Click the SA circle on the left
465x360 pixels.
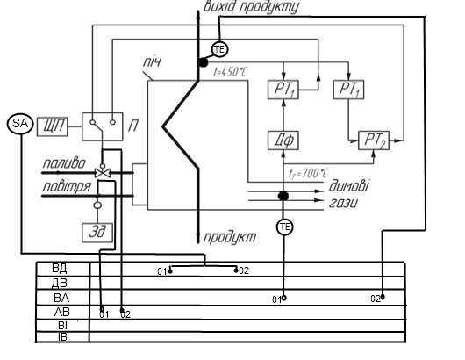click(20, 124)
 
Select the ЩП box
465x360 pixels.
click(53, 126)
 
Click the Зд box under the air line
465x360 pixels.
click(97, 233)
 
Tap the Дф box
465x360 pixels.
click(283, 140)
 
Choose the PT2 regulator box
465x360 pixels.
click(374, 140)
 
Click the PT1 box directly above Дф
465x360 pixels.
click(283, 90)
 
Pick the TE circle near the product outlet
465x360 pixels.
click(219, 49)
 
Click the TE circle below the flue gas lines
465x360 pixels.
click(284, 227)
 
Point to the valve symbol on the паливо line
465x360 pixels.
click(103, 172)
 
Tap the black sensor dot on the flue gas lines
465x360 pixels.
click(283, 196)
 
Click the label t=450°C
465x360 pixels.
click(230, 72)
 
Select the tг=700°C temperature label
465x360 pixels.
click(309, 173)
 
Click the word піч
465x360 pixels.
click(152, 62)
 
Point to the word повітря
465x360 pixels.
click(67, 187)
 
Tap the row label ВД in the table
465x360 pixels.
click(60, 269)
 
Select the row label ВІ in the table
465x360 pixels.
click(62, 326)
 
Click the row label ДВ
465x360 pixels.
click(60, 283)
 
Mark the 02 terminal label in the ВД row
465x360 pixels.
click(244, 270)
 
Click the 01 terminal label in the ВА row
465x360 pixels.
click(276, 299)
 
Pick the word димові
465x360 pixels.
click(349, 186)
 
